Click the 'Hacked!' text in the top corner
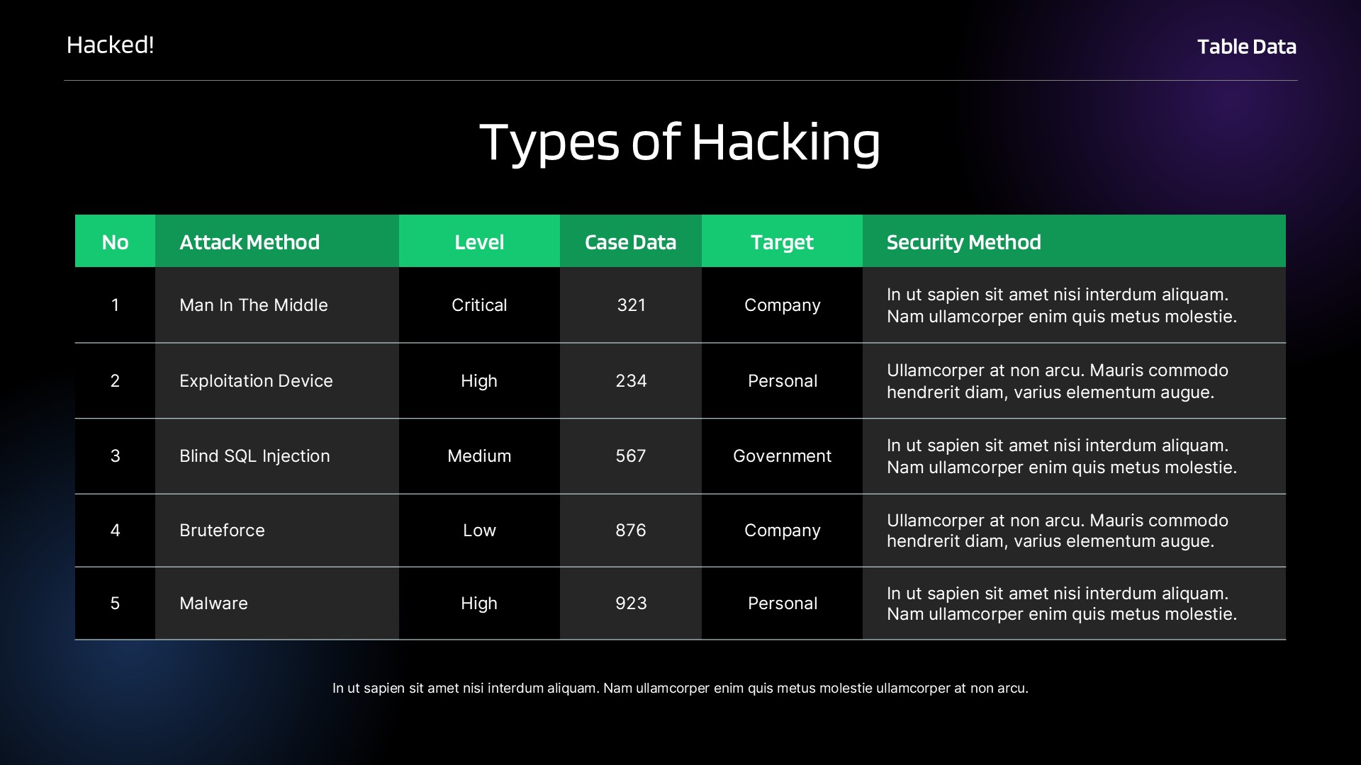click(x=110, y=45)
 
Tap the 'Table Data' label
click(x=1246, y=47)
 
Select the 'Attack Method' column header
click(x=250, y=242)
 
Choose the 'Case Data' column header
click(x=630, y=242)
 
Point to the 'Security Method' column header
click(x=963, y=242)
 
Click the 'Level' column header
click(x=479, y=242)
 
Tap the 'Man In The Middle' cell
click(x=254, y=305)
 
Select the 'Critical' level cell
click(x=479, y=305)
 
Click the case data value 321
click(x=631, y=305)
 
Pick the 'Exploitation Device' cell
click(x=256, y=381)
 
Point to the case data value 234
click(x=631, y=381)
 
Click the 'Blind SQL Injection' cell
click(x=254, y=456)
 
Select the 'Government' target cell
click(x=782, y=456)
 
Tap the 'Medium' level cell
click(x=479, y=456)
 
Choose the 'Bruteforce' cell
click(x=222, y=531)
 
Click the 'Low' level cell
click(x=479, y=531)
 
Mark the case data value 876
click(x=631, y=531)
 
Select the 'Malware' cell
click(x=213, y=603)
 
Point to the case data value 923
click(x=631, y=603)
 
